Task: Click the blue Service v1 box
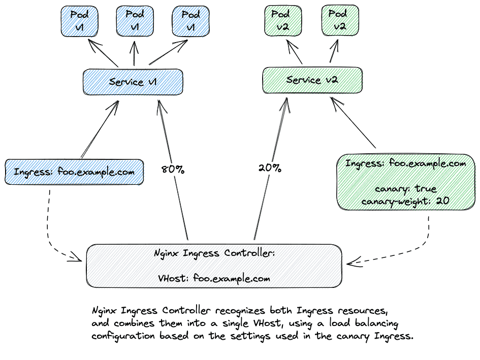[133, 82]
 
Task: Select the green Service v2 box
[312, 80]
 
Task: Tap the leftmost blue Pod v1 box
[79, 21]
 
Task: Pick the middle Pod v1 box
[135, 21]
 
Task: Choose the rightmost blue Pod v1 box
[190, 21]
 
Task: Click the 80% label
[172, 169]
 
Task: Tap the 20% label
[270, 168]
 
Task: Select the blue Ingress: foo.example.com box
[74, 172]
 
